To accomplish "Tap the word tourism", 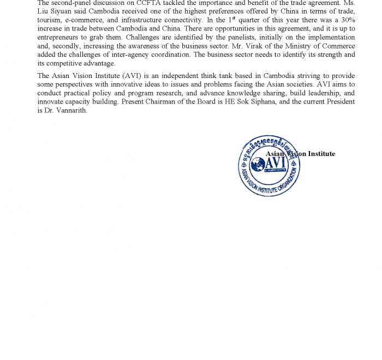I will point(50,20).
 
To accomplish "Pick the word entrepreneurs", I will point(61,38).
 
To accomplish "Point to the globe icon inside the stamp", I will point(258,164).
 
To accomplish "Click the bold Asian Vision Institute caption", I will point(300,154).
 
